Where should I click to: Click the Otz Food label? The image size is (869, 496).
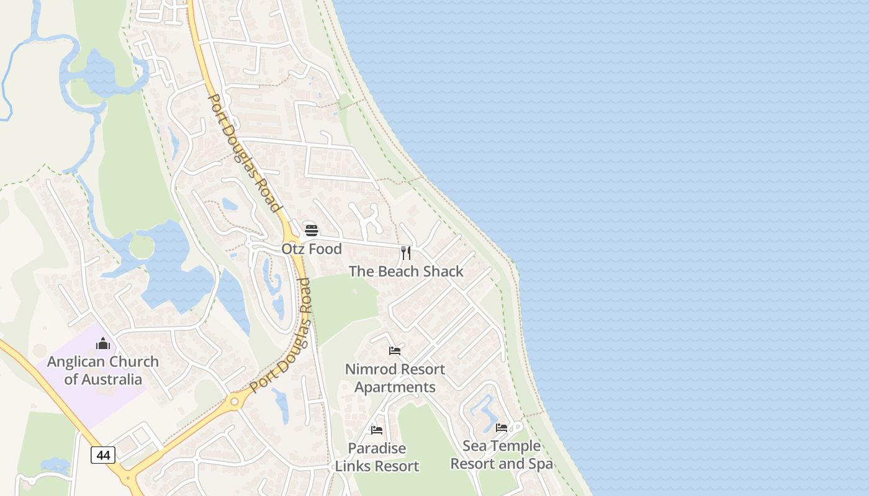click(312, 249)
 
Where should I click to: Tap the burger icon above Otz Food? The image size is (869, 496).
click(312, 231)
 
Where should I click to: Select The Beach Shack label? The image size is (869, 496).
click(406, 272)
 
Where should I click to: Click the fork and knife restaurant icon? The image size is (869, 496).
click(406, 252)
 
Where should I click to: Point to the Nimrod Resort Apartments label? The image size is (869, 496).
click(395, 378)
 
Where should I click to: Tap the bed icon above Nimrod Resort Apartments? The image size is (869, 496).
click(395, 351)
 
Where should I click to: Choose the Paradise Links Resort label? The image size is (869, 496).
click(377, 457)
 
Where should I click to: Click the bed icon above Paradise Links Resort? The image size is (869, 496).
click(377, 430)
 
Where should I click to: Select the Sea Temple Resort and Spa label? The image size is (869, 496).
click(502, 454)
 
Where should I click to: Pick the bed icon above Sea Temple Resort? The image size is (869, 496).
click(502, 428)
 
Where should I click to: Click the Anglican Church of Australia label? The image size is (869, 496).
click(103, 370)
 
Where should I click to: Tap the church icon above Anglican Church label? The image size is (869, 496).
click(103, 343)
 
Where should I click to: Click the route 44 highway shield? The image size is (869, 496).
click(103, 456)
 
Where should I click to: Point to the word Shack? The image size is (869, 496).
click(442, 272)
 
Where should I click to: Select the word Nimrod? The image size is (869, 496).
click(369, 370)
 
